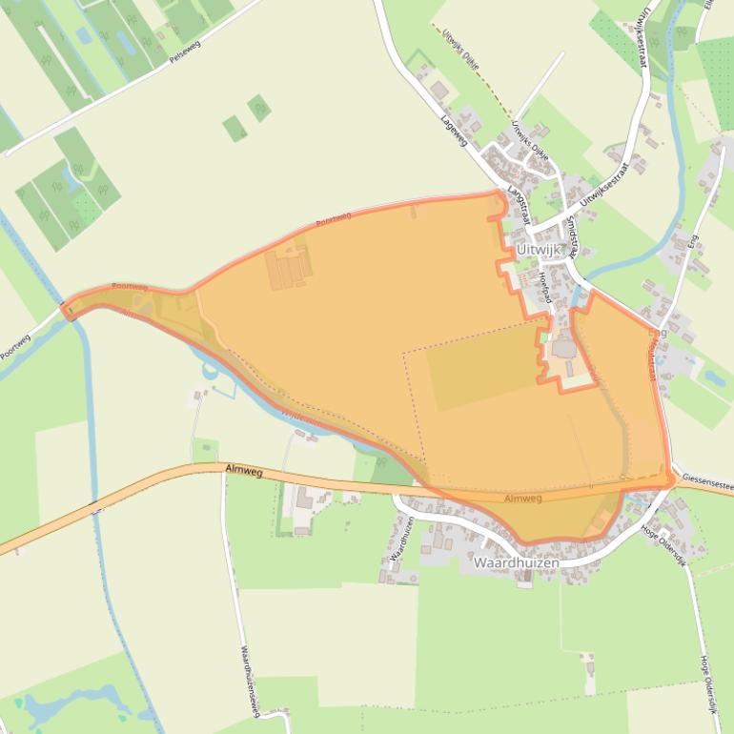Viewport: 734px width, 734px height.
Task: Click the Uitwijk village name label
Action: [540, 248]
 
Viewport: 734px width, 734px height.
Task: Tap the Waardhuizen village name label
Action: [516, 563]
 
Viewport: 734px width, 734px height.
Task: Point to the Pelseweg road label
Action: [187, 56]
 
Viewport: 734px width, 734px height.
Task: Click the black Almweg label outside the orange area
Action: [245, 468]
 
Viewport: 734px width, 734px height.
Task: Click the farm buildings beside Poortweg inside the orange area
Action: [289, 268]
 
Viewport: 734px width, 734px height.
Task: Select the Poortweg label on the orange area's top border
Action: [333, 219]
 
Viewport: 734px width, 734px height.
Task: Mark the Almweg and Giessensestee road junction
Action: [674, 482]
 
